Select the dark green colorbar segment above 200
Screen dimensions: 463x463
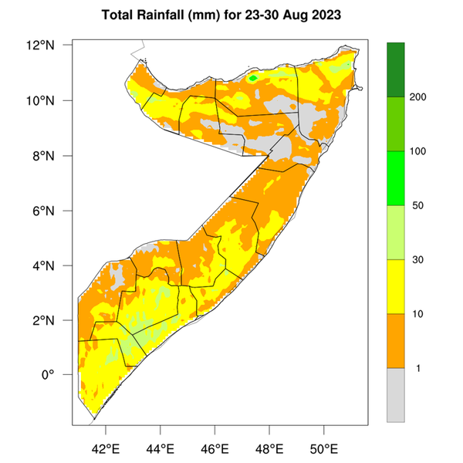tap(396, 69)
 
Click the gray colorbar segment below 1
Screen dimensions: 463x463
tap(396, 394)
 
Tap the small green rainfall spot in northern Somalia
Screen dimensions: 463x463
tap(253, 78)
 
